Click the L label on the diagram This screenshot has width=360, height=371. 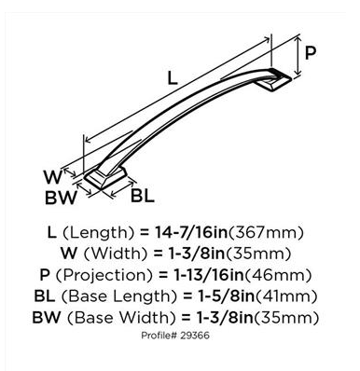pyautogui.click(x=173, y=77)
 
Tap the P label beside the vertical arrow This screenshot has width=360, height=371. pyautogui.click(x=311, y=53)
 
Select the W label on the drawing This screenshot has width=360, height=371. pyautogui.click(x=53, y=177)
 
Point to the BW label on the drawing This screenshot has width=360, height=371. pyautogui.click(x=61, y=198)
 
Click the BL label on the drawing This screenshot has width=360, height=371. pyautogui.click(x=143, y=196)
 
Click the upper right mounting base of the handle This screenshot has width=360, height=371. pyautogui.click(x=275, y=80)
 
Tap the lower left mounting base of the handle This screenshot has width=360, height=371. pyautogui.click(x=105, y=178)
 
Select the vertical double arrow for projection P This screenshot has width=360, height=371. pyautogui.click(x=298, y=56)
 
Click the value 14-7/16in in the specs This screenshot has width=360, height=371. pyautogui.click(x=191, y=233)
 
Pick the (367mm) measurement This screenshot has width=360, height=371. pyautogui.click(x=266, y=233)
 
